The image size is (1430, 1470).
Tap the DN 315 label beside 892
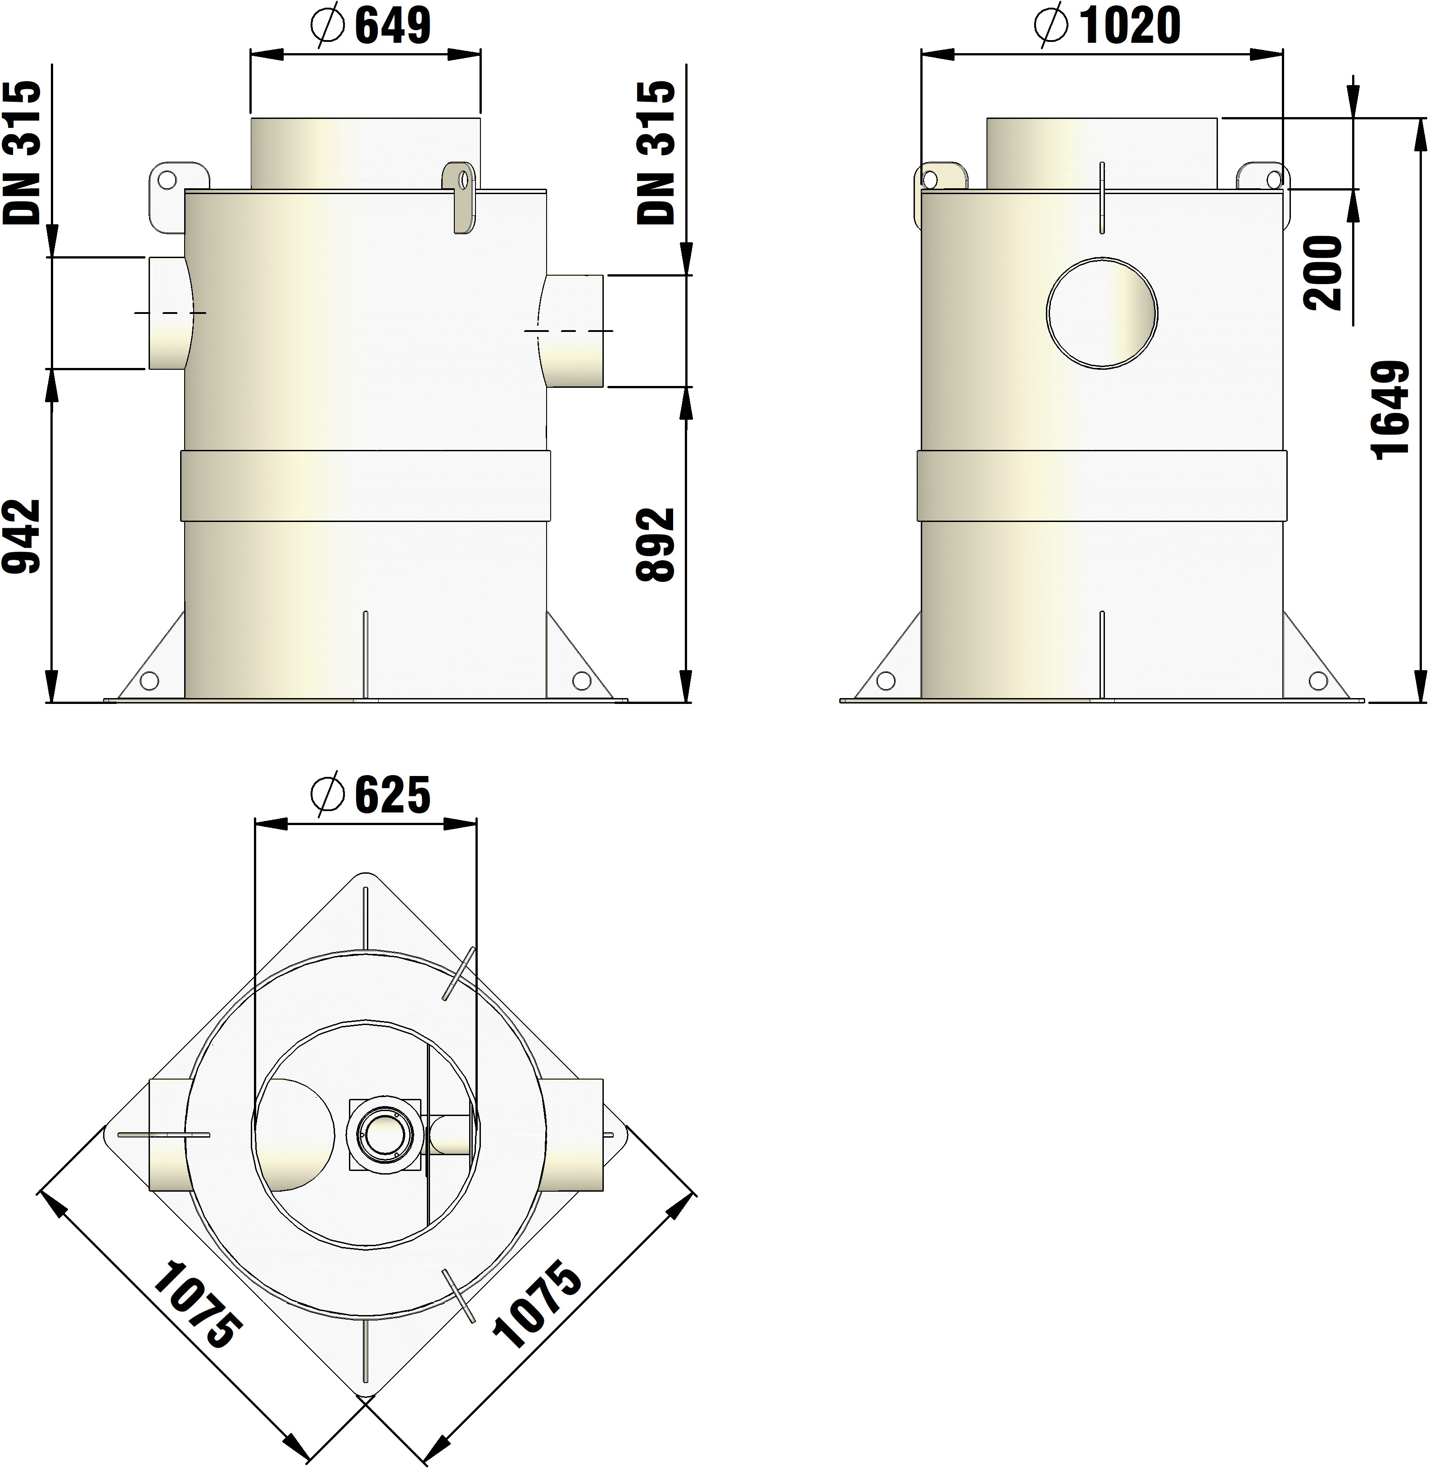pos(656,153)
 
